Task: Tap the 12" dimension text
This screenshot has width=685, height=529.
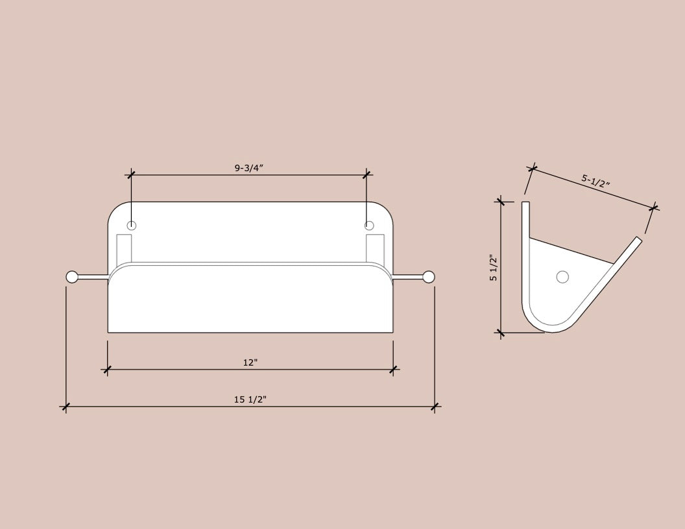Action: (250, 362)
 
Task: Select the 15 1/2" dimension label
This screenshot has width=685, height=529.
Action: (250, 399)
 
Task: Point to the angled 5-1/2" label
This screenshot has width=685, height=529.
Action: (595, 180)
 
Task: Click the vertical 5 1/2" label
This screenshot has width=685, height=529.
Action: (494, 268)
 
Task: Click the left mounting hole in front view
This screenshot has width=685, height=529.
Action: (132, 226)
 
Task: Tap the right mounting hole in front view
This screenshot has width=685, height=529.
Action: (369, 226)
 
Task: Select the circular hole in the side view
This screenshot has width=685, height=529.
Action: (562, 277)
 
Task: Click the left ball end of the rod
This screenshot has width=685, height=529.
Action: (71, 277)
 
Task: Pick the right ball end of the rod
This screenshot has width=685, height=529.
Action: (429, 277)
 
